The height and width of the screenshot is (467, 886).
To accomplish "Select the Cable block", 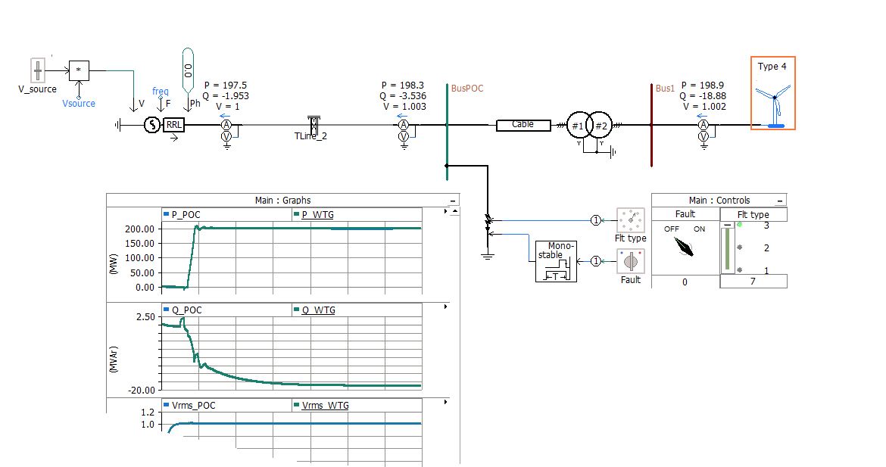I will (523, 125).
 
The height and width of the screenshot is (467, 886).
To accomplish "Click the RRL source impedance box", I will (174, 125).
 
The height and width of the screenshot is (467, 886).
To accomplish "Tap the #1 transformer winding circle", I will (578, 125).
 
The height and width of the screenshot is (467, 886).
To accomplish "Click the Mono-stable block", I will (556, 261).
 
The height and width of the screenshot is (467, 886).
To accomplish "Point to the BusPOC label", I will (467, 89).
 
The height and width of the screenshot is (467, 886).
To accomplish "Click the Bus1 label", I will (665, 89).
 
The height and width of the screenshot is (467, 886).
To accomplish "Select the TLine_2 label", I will (310, 137).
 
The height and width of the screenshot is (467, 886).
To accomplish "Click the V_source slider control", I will (38, 71).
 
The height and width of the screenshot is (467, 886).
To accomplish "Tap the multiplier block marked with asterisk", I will (79, 70).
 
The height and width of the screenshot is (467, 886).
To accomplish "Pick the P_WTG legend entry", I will (317, 215).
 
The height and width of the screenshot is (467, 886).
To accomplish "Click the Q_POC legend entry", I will (186, 310).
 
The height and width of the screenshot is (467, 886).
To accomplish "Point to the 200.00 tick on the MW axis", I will (139, 229).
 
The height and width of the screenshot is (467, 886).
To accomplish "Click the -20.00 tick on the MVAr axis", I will (142, 390).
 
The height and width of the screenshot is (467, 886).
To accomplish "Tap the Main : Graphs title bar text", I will (282, 201).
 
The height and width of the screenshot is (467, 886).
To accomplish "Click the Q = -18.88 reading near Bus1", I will (703, 96).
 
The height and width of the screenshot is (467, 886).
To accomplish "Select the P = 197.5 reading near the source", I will (225, 86).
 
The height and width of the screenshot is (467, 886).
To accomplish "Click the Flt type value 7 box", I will (753, 282).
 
